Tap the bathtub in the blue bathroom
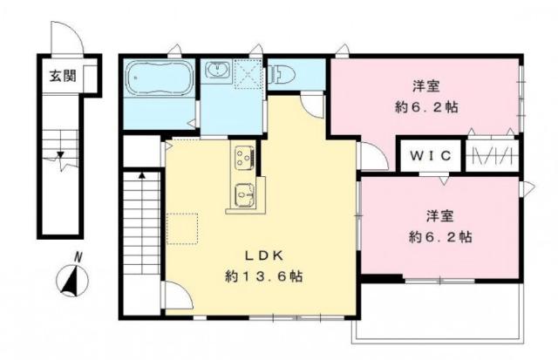tap(160, 81)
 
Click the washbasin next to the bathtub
tap(218, 71)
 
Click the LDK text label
tap(260, 257)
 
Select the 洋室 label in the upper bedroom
tap(427, 86)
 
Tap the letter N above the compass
tap(78, 256)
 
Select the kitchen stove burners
tap(242, 158)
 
